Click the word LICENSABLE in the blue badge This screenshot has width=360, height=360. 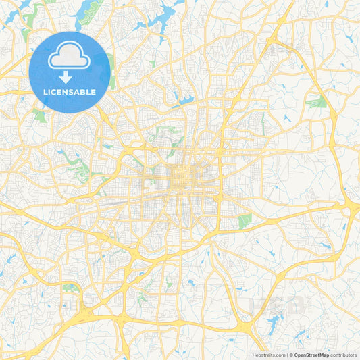pos(69,92)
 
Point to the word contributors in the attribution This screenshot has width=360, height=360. pos(342,355)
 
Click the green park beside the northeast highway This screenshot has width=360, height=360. pos(316,103)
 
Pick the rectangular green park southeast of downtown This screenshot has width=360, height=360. pos(245,220)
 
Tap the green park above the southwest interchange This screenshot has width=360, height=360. pos(70,287)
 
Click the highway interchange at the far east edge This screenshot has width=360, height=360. pos(351,210)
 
